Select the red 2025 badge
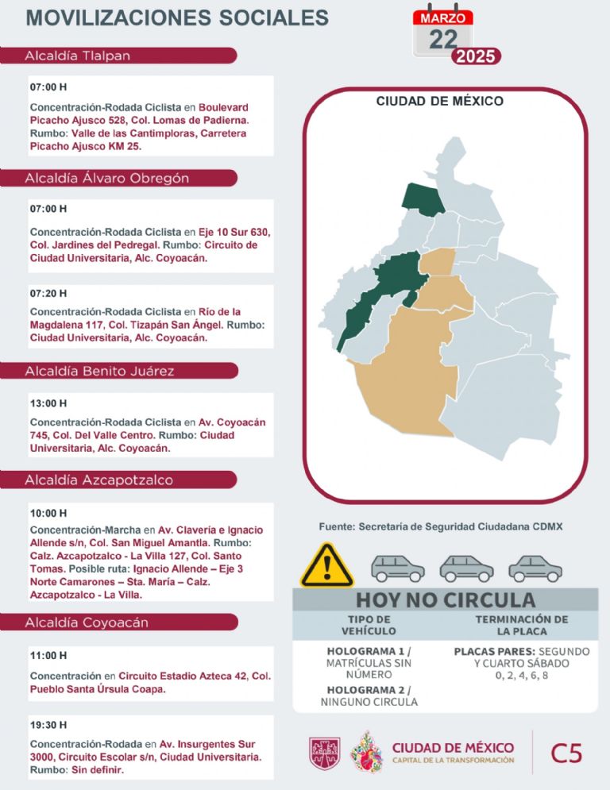[x=475, y=56]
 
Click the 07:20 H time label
[x=48, y=293]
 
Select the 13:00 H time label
[x=48, y=403]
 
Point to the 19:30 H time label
[x=48, y=724]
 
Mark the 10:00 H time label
[x=48, y=513]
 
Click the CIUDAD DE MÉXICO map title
[x=439, y=101]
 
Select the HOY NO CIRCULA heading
[x=445, y=599]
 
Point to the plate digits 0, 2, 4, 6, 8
[x=521, y=676]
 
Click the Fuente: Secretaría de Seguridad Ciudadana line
[x=440, y=526]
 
